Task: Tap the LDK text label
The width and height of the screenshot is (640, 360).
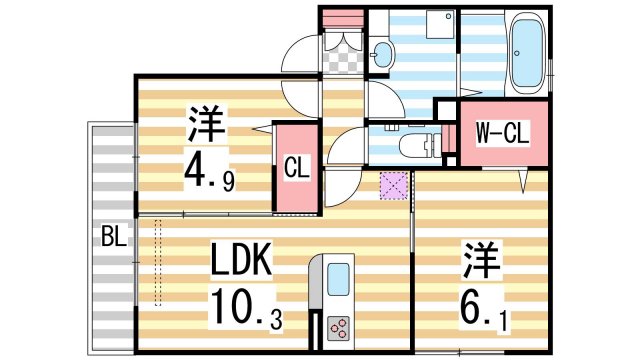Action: [x=240, y=261]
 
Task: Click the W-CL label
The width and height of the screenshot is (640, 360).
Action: [x=501, y=132]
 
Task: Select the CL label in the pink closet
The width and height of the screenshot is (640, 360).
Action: [x=295, y=167]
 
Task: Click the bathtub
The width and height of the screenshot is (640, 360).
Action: [x=528, y=52]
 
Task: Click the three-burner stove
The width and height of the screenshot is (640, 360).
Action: [x=339, y=327]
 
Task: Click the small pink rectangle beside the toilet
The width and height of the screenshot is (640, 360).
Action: [x=433, y=142]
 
